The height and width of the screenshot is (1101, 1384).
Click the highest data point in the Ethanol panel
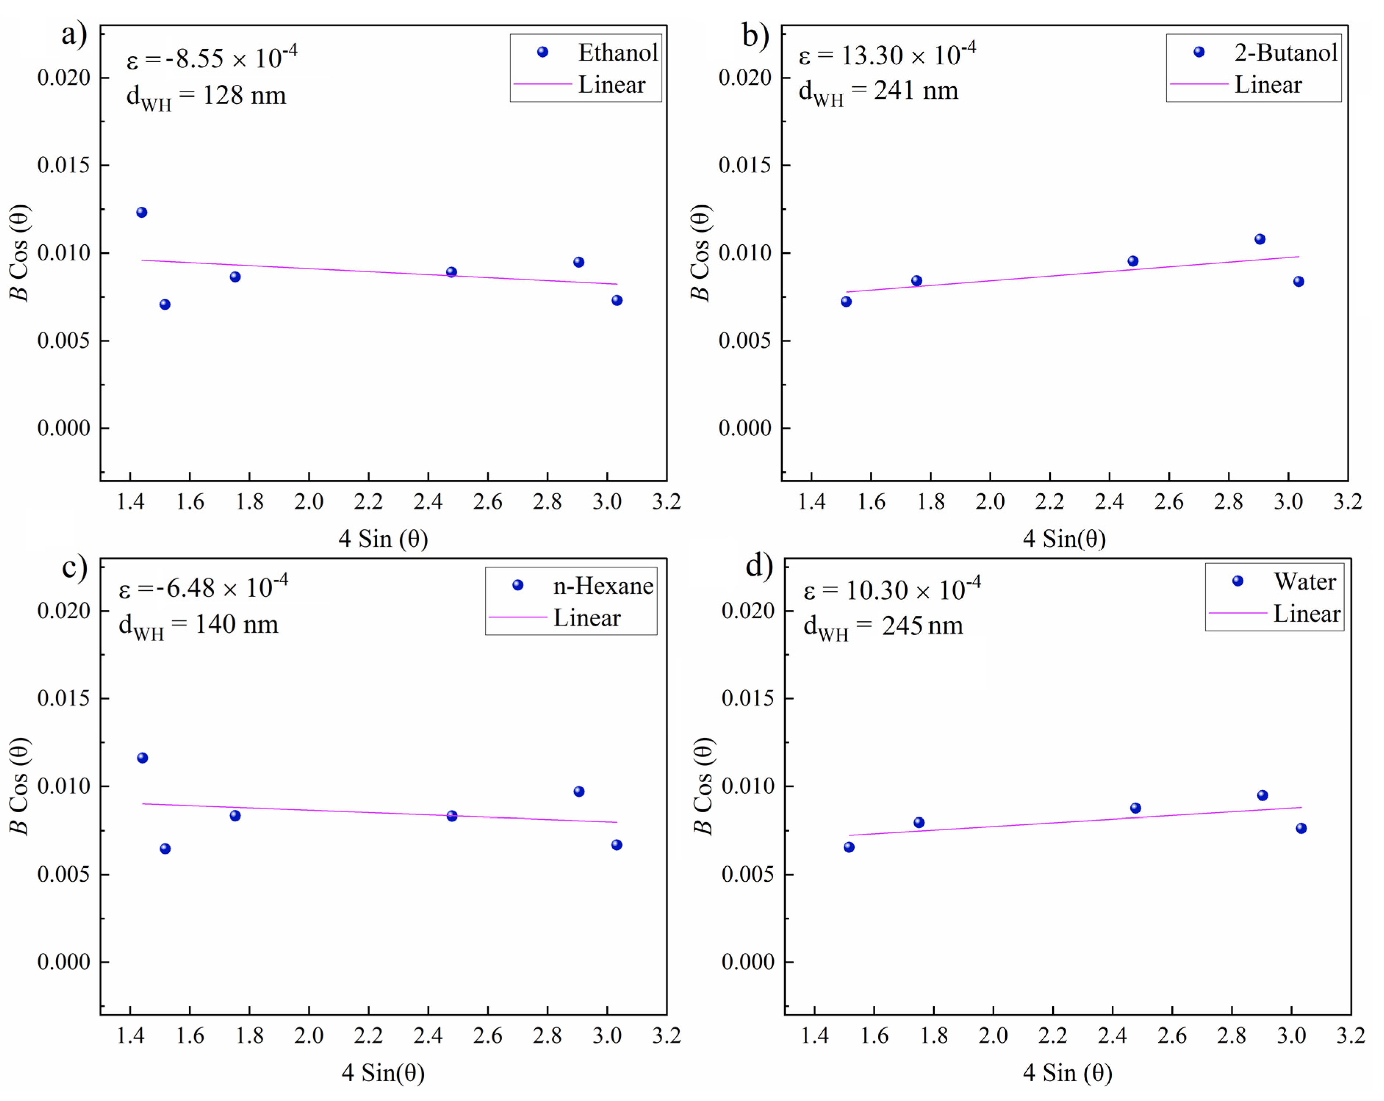(x=142, y=212)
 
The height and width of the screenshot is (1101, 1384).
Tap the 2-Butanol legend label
(x=1285, y=53)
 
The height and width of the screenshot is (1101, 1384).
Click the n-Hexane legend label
(x=603, y=586)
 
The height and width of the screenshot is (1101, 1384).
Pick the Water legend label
(x=1304, y=582)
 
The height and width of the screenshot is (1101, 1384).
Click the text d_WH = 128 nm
(x=206, y=96)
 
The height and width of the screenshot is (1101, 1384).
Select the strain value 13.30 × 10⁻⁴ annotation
(x=887, y=55)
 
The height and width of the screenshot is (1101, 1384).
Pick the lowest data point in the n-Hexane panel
(x=165, y=849)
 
